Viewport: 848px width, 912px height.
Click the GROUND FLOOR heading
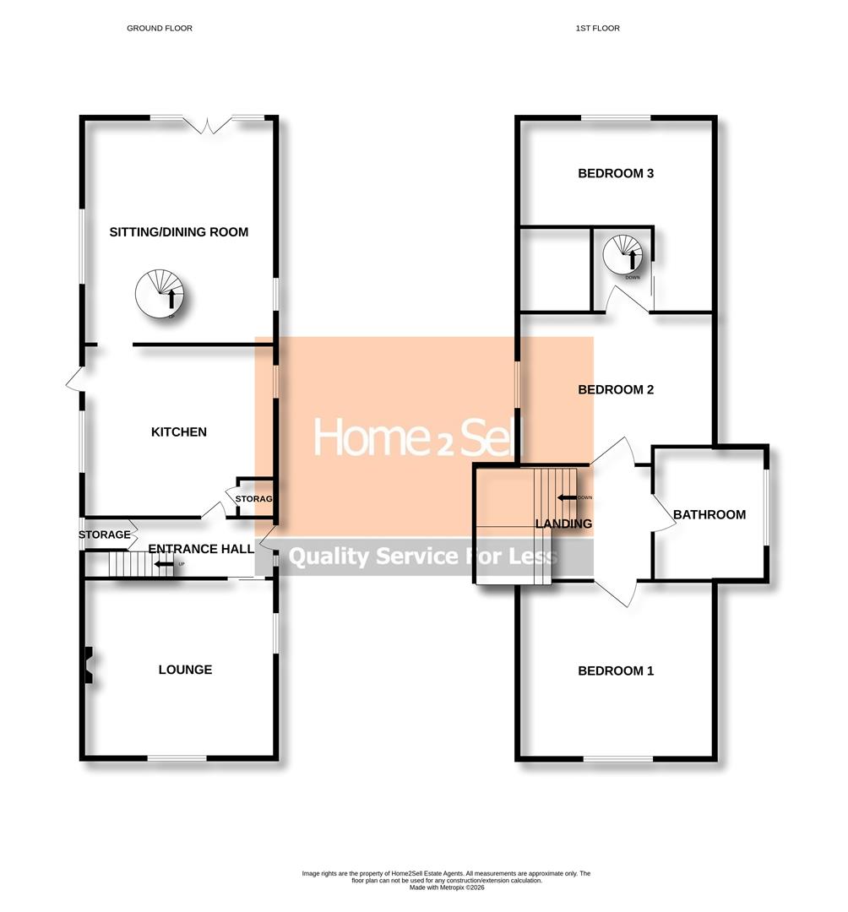point(160,29)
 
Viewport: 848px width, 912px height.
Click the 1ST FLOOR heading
point(597,29)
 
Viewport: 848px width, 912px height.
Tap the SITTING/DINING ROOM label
point(179,232)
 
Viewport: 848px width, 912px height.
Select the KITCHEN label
point(178,432)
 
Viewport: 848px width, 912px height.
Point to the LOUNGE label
point(185,670)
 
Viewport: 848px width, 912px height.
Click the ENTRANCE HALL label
point(201,549)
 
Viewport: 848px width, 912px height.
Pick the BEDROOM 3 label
point(616,174)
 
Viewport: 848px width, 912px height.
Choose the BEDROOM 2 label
point(616,390)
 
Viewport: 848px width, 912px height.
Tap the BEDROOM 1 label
point(616,671)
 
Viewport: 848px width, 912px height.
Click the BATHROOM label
point(709,515)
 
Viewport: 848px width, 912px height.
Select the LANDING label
point(564,524)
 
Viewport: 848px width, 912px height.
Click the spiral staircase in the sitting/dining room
point(160,294)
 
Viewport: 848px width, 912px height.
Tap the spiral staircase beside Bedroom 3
point(624,252)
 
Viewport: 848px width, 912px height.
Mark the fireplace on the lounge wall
point(88,665)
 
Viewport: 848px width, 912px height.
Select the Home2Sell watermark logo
point(419,437)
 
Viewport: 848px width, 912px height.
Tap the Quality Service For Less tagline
point(423,556)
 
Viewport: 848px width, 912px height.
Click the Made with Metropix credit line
point(447,888)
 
